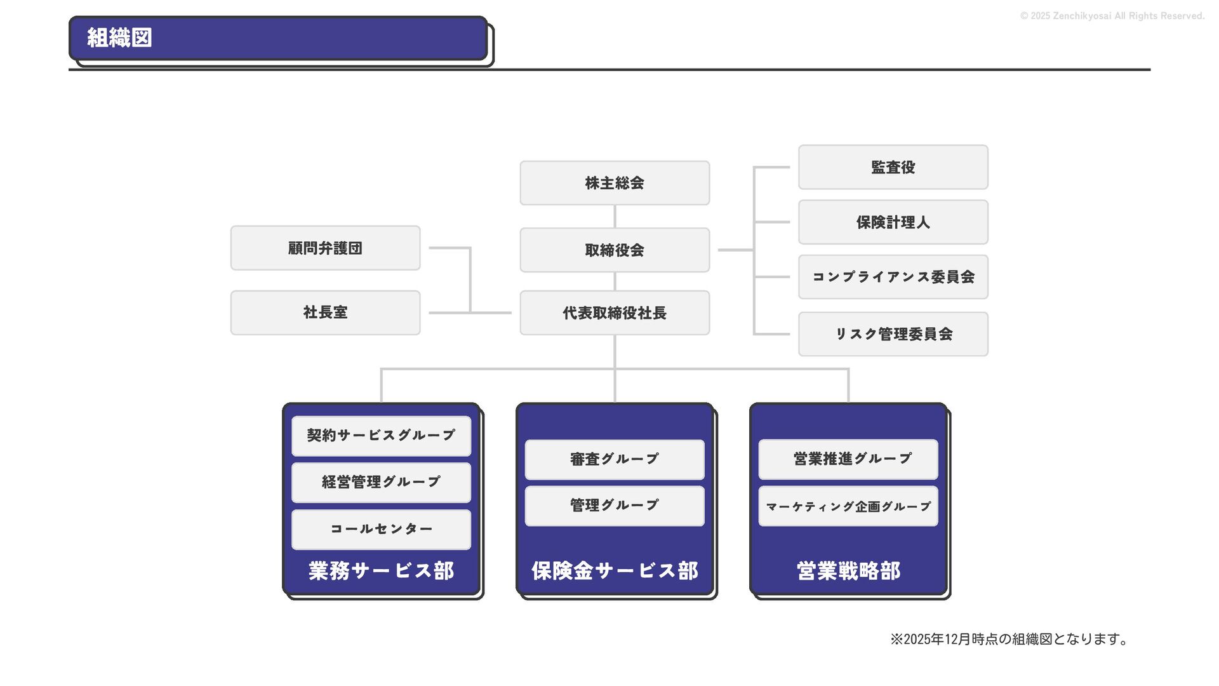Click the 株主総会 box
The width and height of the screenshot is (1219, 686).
(615, 183)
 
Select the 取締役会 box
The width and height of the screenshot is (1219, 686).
(615, 250)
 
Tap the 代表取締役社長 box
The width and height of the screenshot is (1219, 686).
(615, 313)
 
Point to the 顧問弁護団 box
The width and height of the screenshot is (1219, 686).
(325, 248)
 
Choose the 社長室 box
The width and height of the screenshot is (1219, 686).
(325, 313)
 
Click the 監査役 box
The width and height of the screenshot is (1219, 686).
(893, 167)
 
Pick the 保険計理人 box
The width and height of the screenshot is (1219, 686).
(893, 222)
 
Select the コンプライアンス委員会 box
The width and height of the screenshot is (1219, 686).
(893, 277)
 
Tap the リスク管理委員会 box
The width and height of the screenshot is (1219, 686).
(893, 334)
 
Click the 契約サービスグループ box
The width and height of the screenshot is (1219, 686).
(381, 436)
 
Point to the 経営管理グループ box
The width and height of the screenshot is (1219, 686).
(381, 482)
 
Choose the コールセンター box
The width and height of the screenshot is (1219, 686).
(381, 529)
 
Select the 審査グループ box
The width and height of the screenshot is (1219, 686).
(615, 459)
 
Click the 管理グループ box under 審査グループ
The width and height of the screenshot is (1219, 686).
(615, 506)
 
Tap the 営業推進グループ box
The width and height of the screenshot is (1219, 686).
(848, 459)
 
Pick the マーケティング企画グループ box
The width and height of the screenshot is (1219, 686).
(848, 506)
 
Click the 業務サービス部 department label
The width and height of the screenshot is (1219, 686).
(381, 571)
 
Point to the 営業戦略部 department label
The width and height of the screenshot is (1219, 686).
(848, 571)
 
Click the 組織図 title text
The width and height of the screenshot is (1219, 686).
(119, 38)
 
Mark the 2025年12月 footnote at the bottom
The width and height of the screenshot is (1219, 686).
(1009, 639)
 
